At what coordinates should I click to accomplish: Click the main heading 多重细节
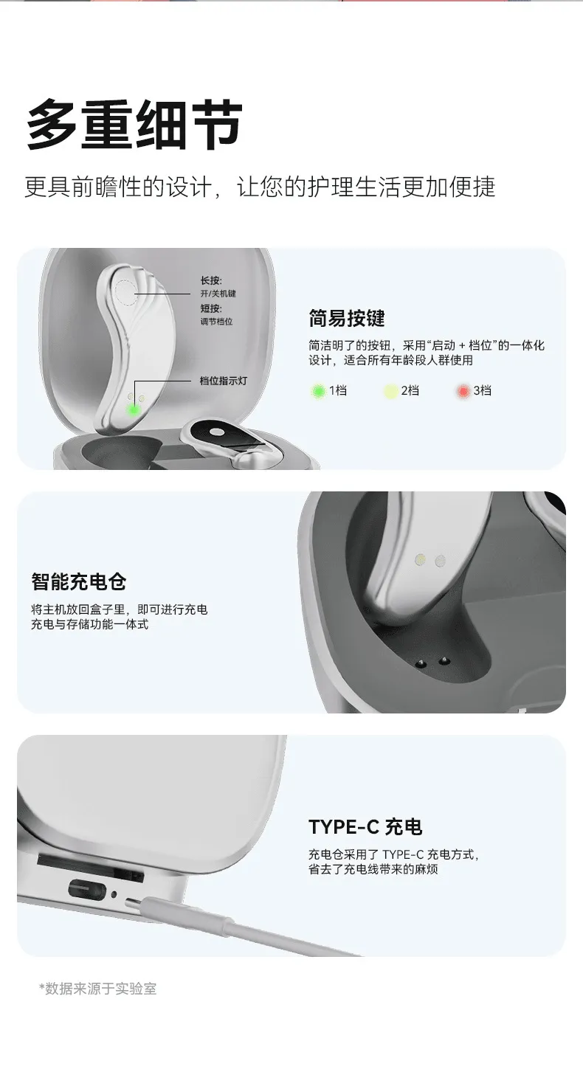click(134, 124)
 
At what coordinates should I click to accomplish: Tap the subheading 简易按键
click(347, 319)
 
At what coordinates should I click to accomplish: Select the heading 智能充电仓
click(79, 581)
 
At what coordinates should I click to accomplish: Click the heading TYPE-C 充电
click(365, 826)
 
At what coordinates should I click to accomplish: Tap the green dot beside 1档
click(319, 391)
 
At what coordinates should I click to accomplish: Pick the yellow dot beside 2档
click(390, 391)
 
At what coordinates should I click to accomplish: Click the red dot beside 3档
click(463, 391)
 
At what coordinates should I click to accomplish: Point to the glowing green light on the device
click(133, 409)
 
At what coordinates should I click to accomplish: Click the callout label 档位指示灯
click(223, 381)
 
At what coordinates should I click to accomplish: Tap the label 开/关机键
click(218, 293)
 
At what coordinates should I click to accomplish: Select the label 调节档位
click(217, 322)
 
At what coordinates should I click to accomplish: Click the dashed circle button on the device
click(125, 292)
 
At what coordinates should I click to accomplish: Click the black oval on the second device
click(215, 432)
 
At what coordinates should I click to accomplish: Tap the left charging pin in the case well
click(421, 662)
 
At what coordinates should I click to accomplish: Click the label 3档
click(483, 390)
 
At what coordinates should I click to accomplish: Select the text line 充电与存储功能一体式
click(89, 624)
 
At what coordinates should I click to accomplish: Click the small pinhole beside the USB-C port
click(114, 893)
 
